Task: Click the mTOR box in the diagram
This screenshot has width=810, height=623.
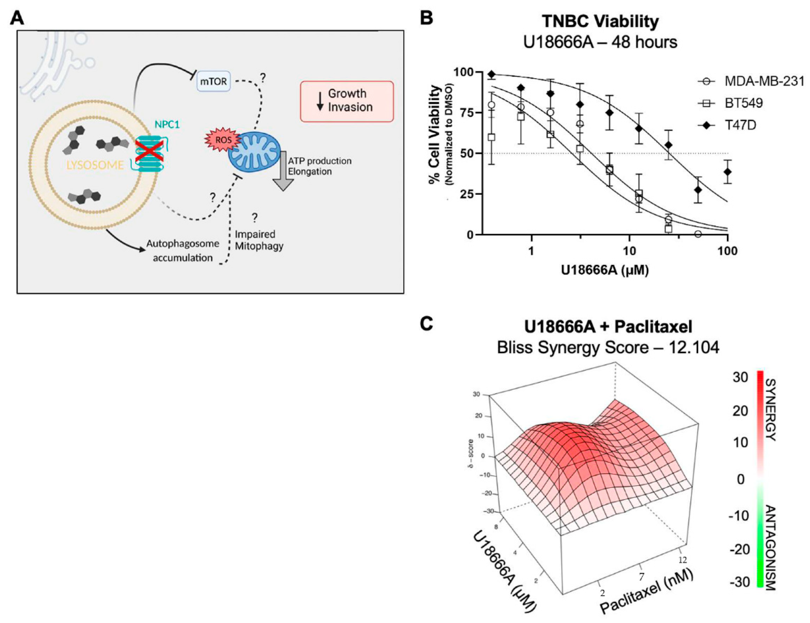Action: click(x=213, y=81)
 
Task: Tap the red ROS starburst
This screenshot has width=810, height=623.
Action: click(x=223, y=140)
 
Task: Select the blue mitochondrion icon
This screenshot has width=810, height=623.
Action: click(x=255, y=152)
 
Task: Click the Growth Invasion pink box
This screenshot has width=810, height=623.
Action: click(x=347, y=101)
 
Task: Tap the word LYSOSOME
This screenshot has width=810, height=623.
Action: click(x=95, y=165)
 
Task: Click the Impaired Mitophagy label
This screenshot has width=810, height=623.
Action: click(x=259, y=240)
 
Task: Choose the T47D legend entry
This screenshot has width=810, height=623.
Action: click(x=740, y=125)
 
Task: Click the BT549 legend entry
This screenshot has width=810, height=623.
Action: click(x=743, y=103)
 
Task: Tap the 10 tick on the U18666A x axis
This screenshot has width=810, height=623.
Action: click(x=629, y=251)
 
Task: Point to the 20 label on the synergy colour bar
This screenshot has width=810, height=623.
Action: click(x=740, y=411)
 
